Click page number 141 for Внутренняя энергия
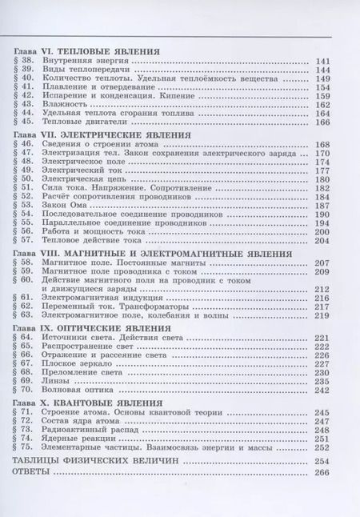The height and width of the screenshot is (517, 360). coord(323,62)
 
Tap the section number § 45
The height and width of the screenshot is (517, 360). coord(26,122)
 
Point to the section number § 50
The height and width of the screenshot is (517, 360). coord(26,179)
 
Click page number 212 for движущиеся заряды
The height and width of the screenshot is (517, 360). coord(323,288)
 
